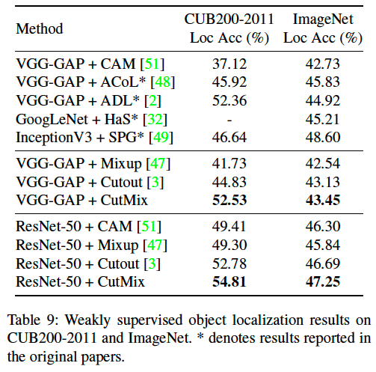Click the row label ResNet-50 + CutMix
tap(80, 281)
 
